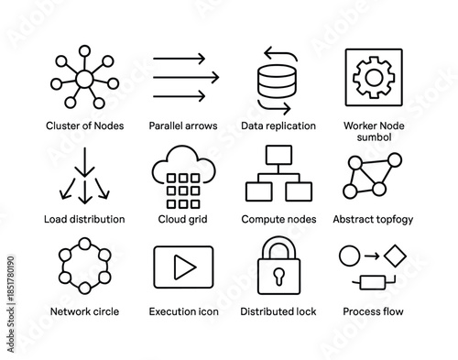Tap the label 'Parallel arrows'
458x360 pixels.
183,125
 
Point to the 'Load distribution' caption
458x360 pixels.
84,219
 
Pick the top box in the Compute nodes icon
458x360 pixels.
278,153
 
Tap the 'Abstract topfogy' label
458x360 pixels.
373,219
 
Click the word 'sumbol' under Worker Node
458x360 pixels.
373,137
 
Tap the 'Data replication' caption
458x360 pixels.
278,125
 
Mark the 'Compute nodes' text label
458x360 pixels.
278,219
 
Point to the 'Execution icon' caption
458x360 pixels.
184,311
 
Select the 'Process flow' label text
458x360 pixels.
373,311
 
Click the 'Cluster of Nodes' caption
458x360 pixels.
84,125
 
